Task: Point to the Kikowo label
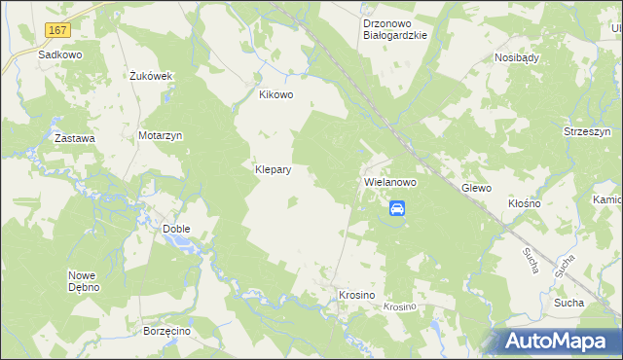(x=275, y=95)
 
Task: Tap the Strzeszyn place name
(x=586, y=131)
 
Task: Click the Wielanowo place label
(x=389, y=182)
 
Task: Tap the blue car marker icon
(x=397, y=207)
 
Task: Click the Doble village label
(x=176, y=229)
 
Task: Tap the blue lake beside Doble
(x=185, y=240)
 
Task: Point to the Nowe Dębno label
(x=85, y=280)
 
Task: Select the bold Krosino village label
(x=356, y=294)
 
